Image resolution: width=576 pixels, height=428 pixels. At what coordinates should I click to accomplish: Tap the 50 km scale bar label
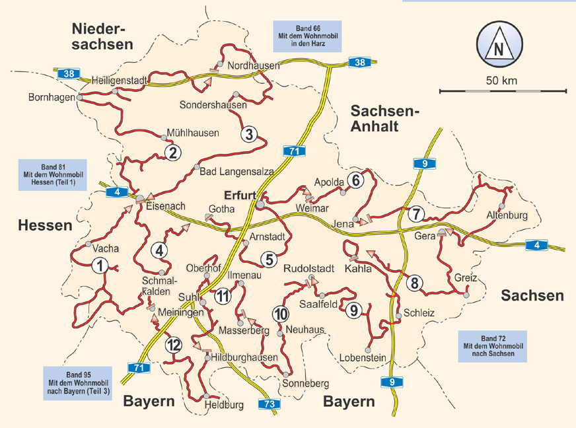click(499, 81)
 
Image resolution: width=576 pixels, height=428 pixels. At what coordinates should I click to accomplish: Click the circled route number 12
click(174, 344)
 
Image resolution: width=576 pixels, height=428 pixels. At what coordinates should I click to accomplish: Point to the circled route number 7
click(415, 214)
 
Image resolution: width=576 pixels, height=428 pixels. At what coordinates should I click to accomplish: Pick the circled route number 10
click(280, 313)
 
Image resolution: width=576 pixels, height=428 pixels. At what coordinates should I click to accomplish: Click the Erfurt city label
click(240, 195)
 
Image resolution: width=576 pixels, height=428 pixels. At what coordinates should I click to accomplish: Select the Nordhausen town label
click(253, 66)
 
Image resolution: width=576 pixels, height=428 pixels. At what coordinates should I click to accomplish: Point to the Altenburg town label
click(507, 216)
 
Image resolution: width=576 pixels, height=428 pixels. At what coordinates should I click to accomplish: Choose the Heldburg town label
click(225, 404)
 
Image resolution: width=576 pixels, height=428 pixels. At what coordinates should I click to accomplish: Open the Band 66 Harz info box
click(307, 36)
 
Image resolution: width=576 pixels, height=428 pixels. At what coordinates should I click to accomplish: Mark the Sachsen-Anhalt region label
click(384, 118)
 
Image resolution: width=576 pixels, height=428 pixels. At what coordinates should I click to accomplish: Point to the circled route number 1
click(100, 266)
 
